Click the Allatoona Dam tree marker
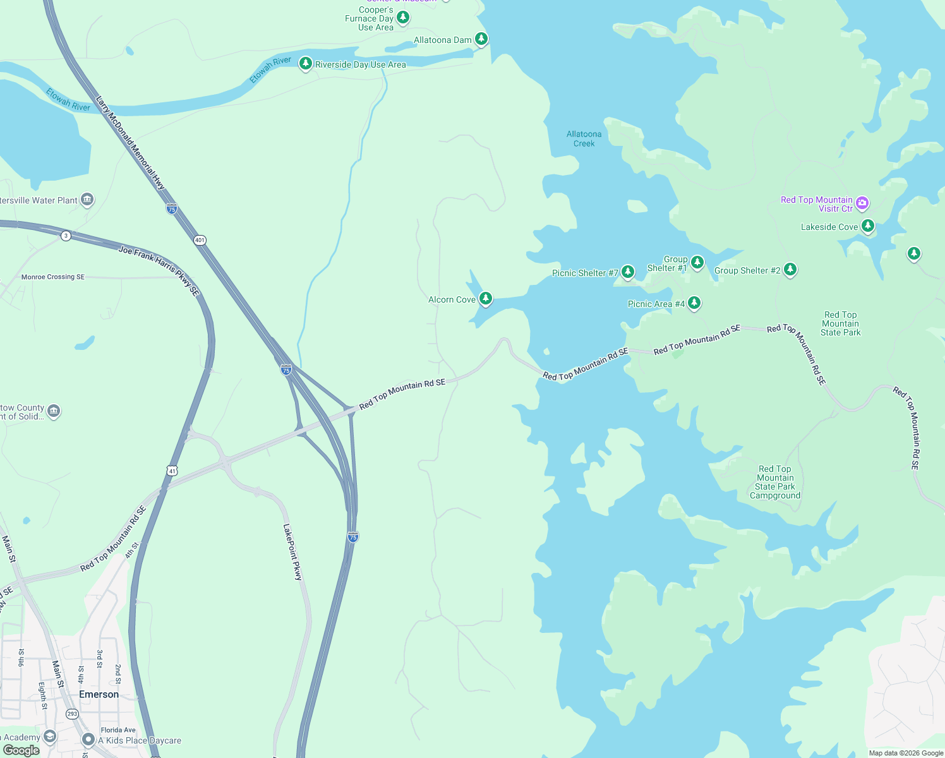[x=481, y=39]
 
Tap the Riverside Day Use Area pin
[x=306, y=64]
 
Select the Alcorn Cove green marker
[x=485, y=299]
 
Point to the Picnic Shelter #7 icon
[x=627, y=272]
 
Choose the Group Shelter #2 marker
[x=790, y=270]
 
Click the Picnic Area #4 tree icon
[x=694, y=303]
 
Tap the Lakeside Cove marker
[x=868, y=226]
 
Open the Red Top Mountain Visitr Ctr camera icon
[x=862, y=203]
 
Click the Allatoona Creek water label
[x=584, y=139]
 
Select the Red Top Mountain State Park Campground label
[x=775, y=483]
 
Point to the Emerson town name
[x=99, y=694]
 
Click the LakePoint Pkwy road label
[x=292, y=551]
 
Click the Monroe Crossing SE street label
[x=53, y=277]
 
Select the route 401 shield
[x=200, y=240]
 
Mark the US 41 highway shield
[x=172, y=471]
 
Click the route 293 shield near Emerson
[x=72, y=714]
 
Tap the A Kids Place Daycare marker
[x=88, y=740]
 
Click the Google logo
[x=21, y=750]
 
